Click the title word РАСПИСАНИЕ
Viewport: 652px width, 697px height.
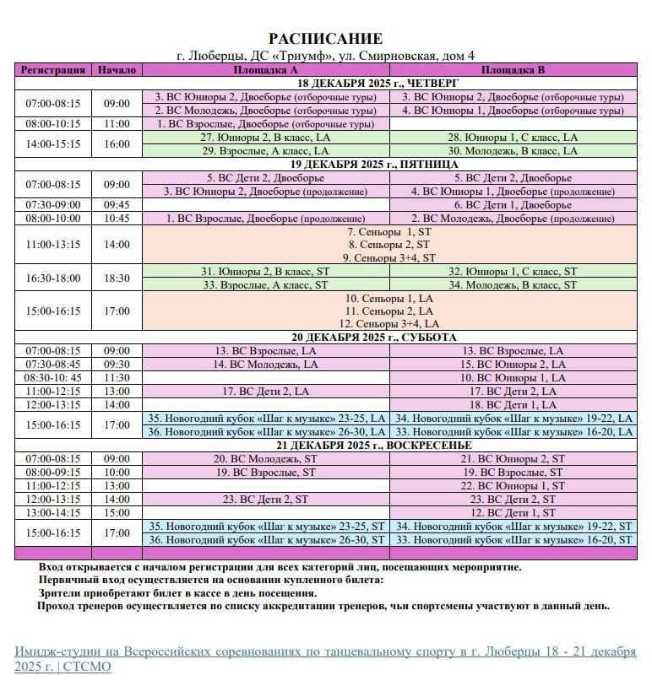pyautogui.click(x=325, y=40)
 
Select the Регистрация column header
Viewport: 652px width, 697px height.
pyautogui.click(x=53, y=70)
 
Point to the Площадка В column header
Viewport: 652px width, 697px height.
pyautogui.click(x=513, y=70)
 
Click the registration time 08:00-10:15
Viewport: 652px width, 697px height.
pyautogui.click(x=53, y=124)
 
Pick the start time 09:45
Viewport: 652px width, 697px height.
pyautogui.click(x=117, y=205)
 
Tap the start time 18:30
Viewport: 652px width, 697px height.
pyautogui.click(x=117, y=278)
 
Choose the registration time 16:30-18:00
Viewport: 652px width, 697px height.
pyautogui.click(x=53, y=278)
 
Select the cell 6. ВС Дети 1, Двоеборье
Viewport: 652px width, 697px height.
pyautogui.click(x=513, y=205)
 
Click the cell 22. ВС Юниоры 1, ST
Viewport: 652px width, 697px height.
pyautogui.click(x=513, y=486)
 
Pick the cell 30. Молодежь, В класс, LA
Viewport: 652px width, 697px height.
pyautogui.click(x=513, y=151)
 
